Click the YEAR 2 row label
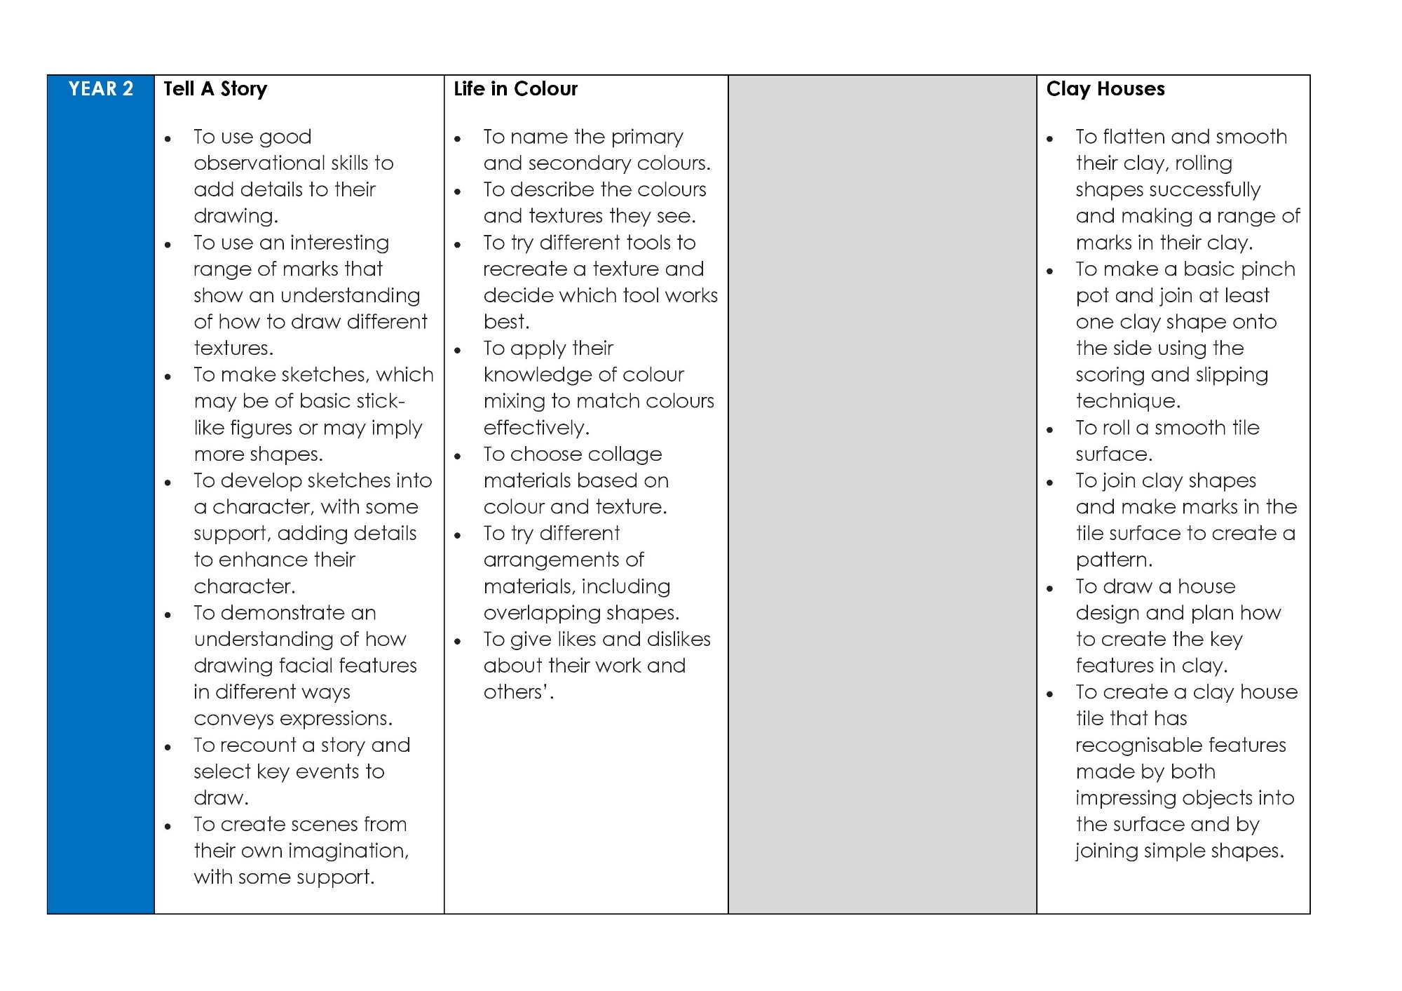[100, 89]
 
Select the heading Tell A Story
[215, 89]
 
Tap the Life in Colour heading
[515, 89]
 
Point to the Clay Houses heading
[1105, 89]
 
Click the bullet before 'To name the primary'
[458, 139]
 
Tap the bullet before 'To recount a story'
[168, 748]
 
